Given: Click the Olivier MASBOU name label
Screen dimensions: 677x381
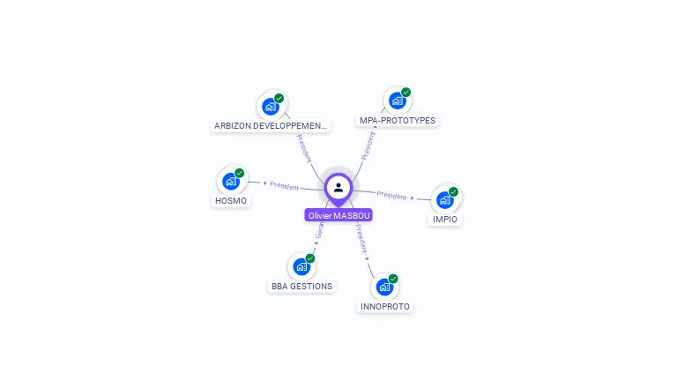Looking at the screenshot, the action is point(338,215).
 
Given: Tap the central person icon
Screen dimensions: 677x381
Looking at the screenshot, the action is point(338,187).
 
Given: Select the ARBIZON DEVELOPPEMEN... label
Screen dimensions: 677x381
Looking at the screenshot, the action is point(271,125).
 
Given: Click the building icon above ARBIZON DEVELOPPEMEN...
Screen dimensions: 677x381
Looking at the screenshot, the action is point(271,106).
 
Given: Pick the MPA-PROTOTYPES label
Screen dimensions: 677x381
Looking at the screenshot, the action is point(398,120).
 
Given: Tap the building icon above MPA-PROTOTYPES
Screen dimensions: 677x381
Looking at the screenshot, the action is point(398,101).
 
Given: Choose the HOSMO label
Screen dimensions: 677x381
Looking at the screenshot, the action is point(231,200).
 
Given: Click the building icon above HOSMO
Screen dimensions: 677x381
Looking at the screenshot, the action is point(231,182).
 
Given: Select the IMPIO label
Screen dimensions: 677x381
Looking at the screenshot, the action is point(445,219).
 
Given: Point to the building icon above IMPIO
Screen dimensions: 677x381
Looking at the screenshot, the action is point(445,199).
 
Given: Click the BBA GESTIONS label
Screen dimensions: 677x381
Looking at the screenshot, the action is point(301,286).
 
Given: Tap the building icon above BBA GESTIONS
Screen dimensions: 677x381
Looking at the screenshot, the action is point(301,266).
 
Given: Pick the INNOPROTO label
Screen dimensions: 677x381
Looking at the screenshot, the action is point(384,306).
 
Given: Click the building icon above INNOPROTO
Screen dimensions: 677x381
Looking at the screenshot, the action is point(384,287).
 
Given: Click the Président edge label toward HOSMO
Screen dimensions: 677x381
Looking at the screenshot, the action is point(285,186).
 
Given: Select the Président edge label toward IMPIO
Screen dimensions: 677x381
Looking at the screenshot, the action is point(391,195).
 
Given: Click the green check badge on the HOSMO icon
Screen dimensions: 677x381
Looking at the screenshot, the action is point(240,173).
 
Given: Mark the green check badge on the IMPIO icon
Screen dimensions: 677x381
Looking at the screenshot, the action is point(454,191).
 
